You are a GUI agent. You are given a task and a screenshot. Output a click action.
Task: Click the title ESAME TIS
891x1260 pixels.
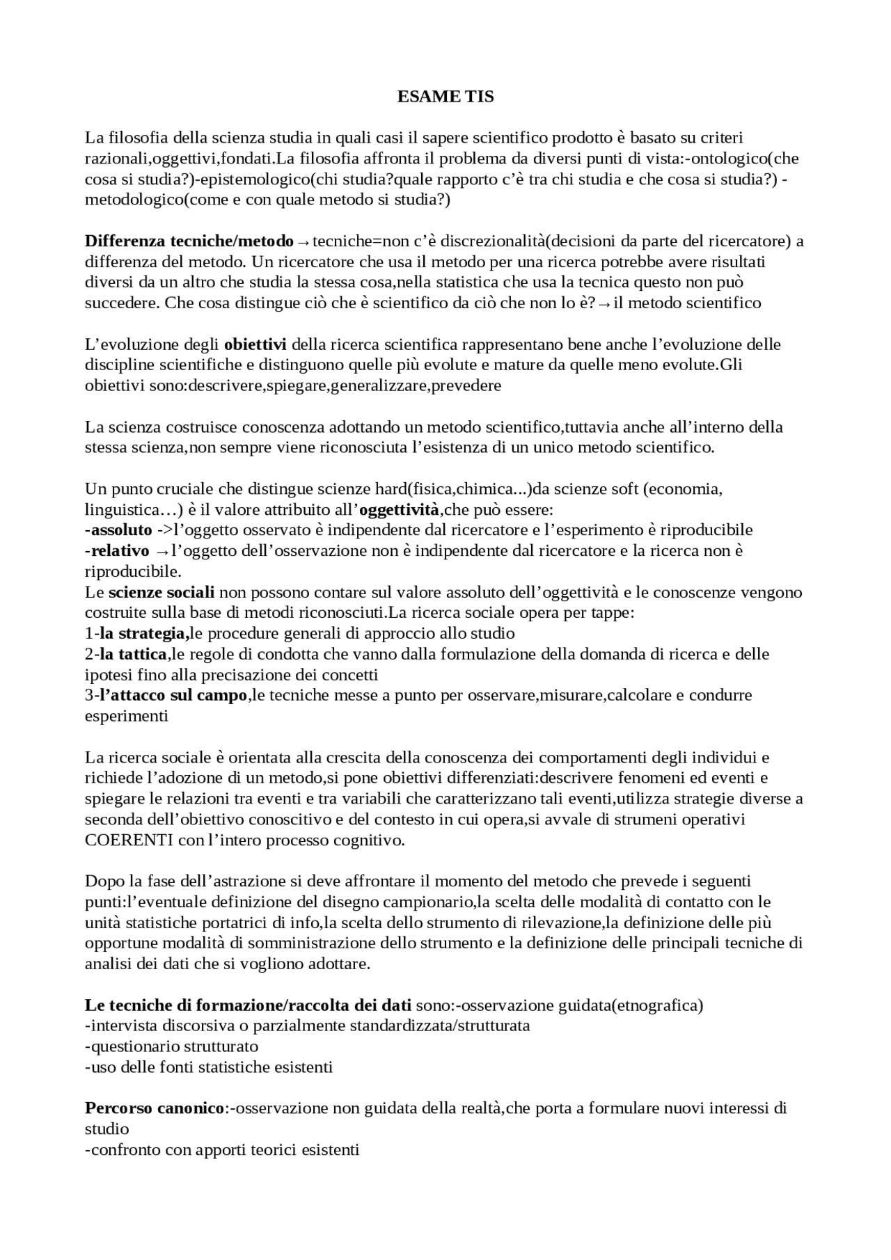445,97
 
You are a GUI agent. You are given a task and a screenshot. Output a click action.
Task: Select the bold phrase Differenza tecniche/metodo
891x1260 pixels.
189,241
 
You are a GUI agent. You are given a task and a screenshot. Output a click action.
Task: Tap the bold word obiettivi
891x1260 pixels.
255,344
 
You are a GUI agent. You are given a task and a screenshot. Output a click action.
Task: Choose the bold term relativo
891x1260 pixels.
120,551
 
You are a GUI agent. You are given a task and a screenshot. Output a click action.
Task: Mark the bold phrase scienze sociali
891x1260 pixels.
161,593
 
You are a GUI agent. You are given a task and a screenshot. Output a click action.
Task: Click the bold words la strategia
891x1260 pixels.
142,634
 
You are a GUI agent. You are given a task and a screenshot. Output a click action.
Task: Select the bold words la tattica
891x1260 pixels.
133,655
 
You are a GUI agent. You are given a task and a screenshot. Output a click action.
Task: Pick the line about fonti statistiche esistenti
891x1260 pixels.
209,1067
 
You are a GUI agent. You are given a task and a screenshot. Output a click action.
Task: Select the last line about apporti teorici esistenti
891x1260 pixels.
222,1150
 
